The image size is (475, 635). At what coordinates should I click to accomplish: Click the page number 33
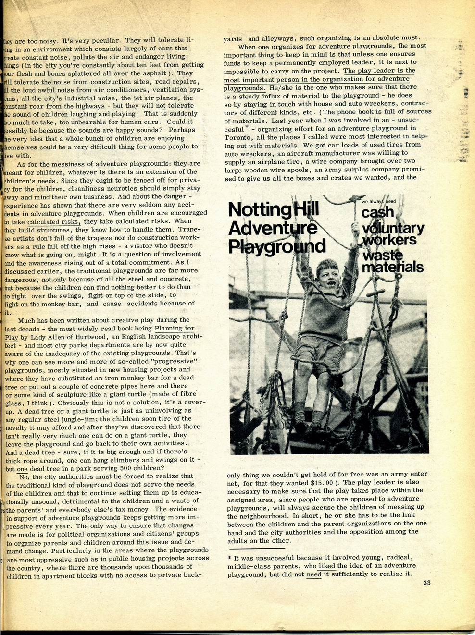tap(427, 583)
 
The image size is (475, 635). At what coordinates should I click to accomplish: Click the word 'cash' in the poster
tap(377, 212)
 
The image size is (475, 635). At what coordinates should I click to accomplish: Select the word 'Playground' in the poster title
tap(277, 245)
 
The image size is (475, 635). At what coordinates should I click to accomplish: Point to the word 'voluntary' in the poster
tap(393, 228)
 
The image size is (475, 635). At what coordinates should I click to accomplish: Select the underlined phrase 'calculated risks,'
tap(54, 222)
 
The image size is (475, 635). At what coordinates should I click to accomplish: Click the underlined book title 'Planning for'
tap(175, 329)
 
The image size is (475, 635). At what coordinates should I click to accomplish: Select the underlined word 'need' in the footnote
tap(314, 574)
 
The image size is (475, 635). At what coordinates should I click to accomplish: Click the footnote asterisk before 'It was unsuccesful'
tap(229, 558)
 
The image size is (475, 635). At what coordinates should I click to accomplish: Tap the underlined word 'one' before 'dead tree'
tap(22, 469)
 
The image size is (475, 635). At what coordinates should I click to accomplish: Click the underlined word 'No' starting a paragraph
tap(24, 477)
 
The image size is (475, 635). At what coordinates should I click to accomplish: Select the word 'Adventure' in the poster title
tap(272, 228)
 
